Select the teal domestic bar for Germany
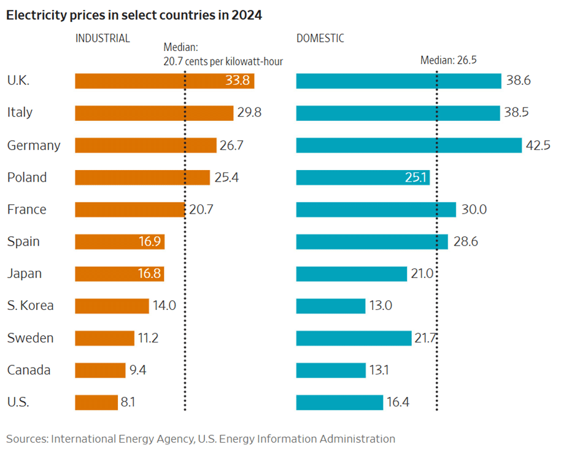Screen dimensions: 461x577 408,145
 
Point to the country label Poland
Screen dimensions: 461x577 27,177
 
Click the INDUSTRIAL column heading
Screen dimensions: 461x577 103,38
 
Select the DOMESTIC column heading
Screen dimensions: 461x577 320,38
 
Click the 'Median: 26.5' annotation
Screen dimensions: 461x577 448,60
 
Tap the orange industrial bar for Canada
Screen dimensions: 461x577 100,370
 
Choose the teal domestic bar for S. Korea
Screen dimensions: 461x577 330,306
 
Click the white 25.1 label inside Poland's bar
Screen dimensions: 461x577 414,177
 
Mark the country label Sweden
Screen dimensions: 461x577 30,338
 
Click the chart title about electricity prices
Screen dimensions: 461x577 134,15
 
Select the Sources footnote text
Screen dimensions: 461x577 201,439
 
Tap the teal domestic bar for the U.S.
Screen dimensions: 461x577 339,403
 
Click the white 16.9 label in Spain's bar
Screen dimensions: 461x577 150,242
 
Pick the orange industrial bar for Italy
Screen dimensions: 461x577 154,113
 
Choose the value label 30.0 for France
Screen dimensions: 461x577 474,209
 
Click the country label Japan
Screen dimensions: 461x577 25,274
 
